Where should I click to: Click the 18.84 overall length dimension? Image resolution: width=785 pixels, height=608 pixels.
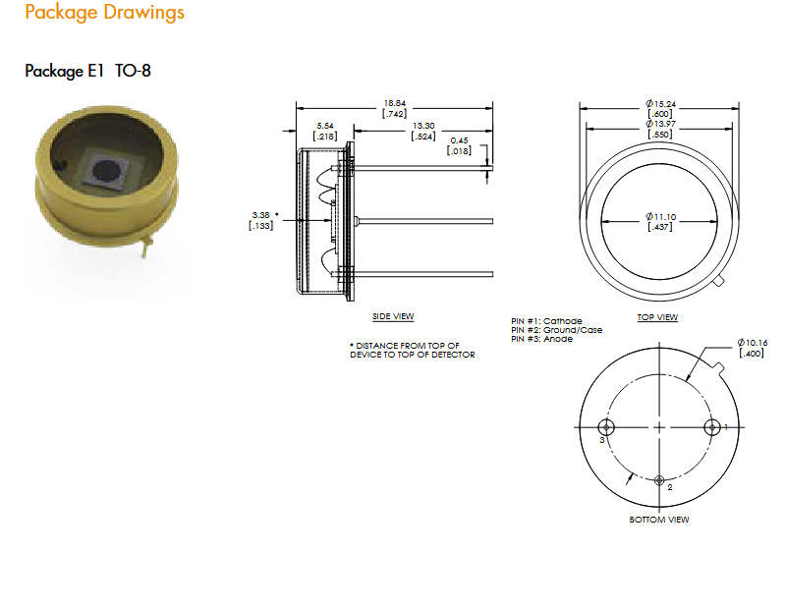click(x=395, y=109)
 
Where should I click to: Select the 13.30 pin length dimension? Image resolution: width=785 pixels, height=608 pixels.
click(x=423, y=131)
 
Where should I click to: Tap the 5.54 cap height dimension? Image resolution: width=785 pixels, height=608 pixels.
click(x=325, y=131)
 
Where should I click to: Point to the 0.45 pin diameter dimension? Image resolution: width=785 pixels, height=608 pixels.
click(x=459, y=146)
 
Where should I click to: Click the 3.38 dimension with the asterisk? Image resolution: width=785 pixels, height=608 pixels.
click(x=263, y=220)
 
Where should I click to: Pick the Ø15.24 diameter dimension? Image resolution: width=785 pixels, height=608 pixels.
click(x=660, y=109)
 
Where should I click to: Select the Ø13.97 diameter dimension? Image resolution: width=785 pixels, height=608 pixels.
click(x=660, y=129)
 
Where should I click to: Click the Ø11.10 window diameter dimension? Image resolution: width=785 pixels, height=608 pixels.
click(x=660, y=222)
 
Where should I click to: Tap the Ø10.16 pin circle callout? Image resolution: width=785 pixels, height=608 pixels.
click(x=752, y=348)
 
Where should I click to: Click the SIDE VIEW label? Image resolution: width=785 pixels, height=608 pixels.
click(x=393, y=316)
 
